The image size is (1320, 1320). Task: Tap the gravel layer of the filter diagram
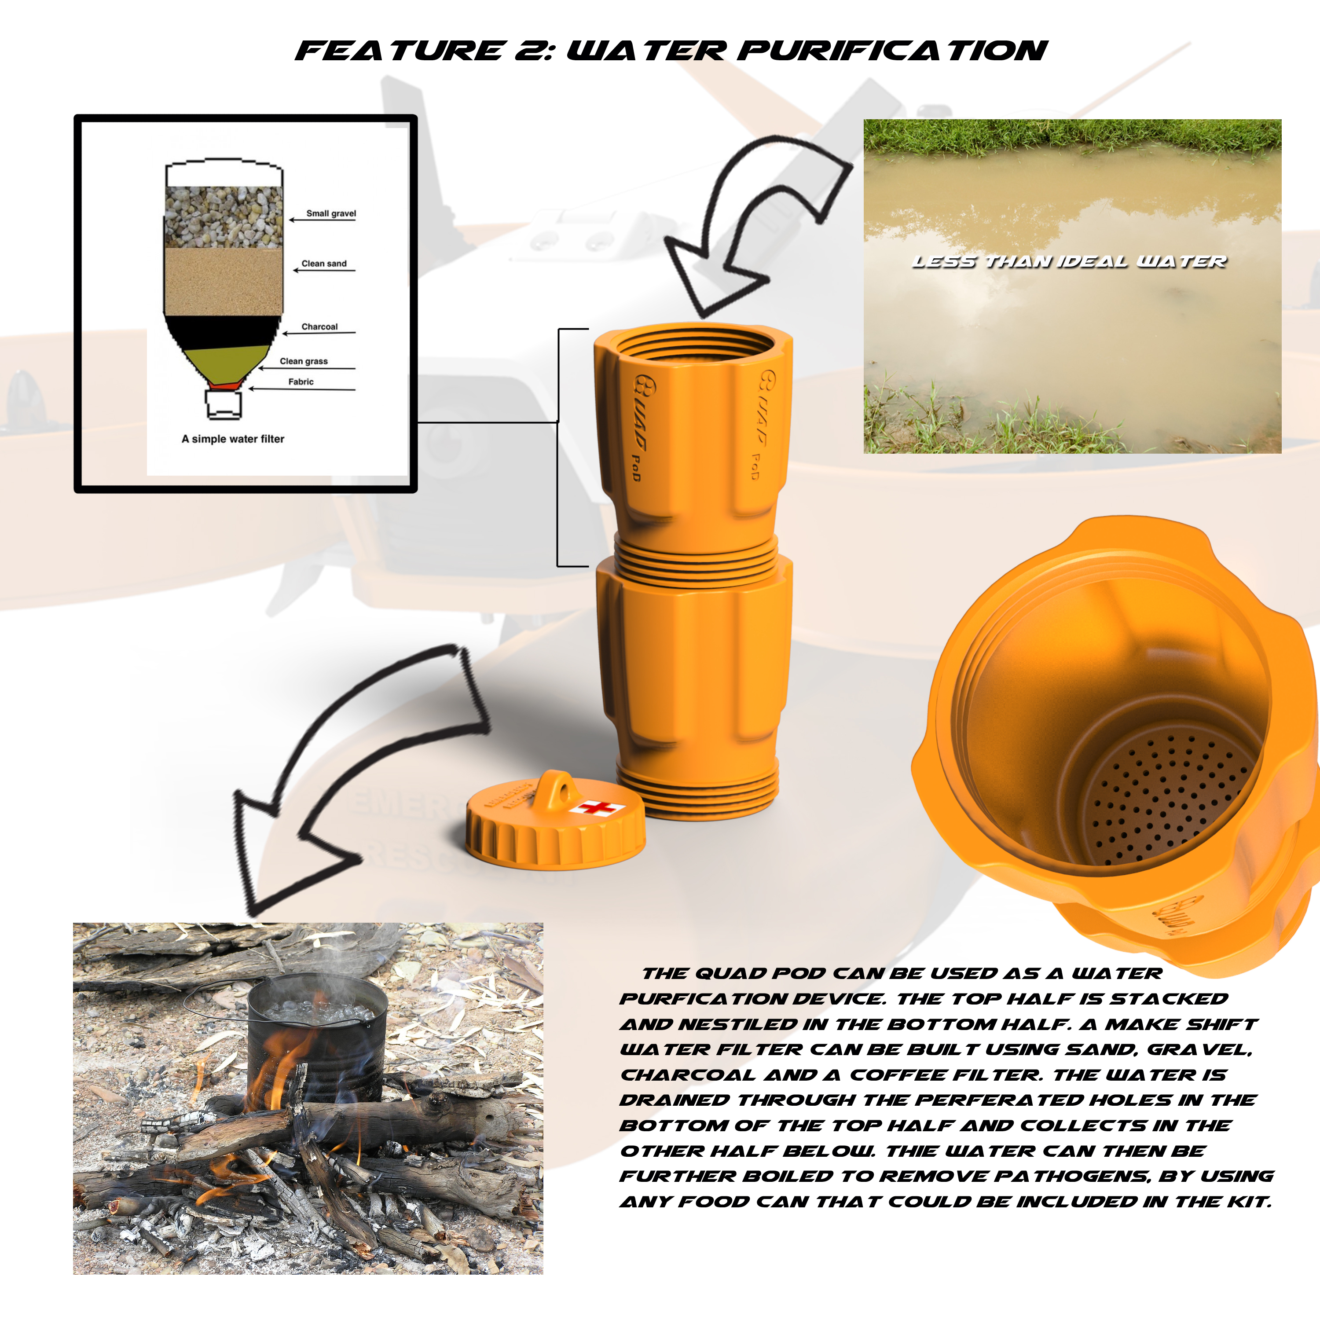tap(224, 216)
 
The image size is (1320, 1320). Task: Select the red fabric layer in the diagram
tap(224, 386)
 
